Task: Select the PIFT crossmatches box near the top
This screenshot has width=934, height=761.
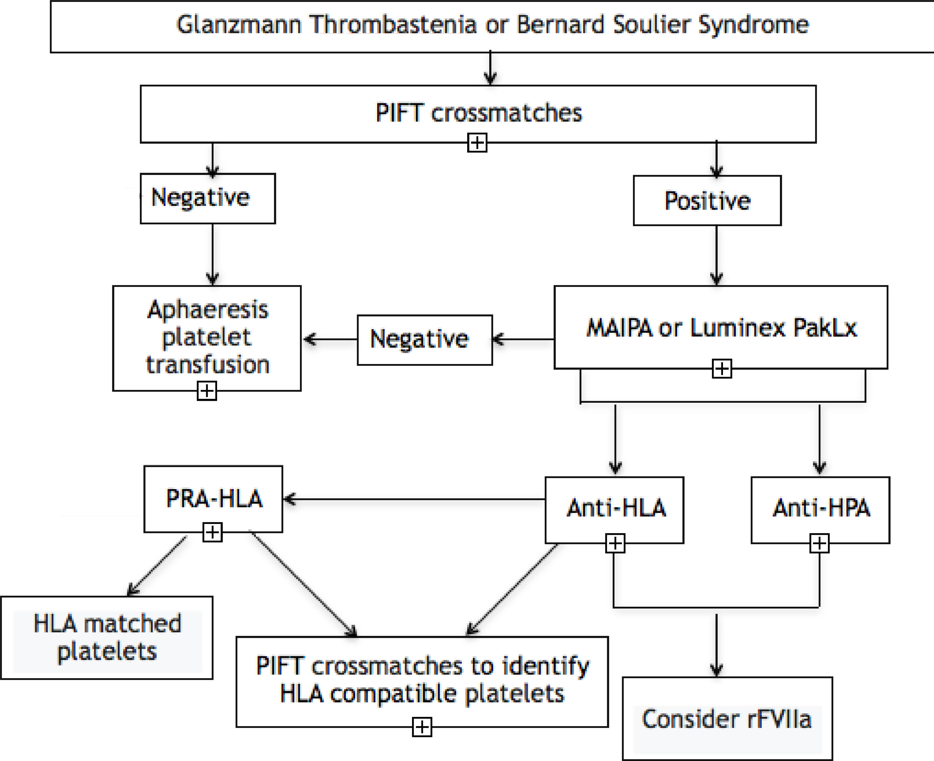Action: point(478,113)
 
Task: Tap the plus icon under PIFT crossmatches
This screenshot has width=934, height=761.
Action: point(477,142)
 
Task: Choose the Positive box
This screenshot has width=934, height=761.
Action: point(707,201)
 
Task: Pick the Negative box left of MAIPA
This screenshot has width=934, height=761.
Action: point(424,340)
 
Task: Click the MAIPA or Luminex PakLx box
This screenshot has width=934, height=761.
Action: point(721,328)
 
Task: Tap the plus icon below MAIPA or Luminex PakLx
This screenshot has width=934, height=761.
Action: point(722,369)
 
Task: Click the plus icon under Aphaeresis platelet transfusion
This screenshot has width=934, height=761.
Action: point(207,391)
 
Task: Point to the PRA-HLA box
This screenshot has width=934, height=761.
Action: point(213,498)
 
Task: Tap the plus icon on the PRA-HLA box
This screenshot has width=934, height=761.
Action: point(212,532)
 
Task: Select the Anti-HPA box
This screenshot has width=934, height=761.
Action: point(820,509)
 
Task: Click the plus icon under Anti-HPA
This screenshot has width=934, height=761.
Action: point(819,543)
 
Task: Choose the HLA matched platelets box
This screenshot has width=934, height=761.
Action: point(107,638)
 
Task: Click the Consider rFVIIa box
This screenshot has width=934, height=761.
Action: point(727,719)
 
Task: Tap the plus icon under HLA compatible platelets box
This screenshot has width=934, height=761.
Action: point(422,727)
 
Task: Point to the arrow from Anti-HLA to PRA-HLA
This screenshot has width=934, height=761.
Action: point(412,499)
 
